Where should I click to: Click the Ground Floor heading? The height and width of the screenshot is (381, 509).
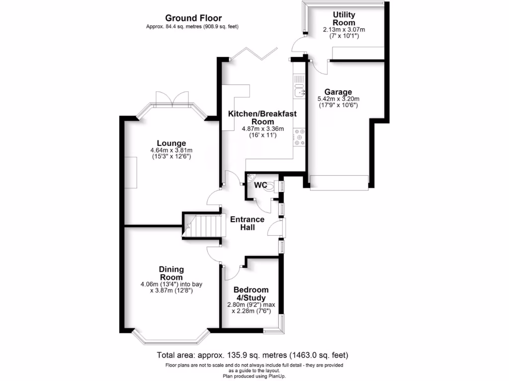point(193,18)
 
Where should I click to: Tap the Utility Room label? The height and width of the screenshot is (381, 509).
point(344,19)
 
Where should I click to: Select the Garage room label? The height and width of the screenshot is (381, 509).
point(338,92)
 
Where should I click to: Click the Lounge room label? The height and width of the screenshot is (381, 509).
point(171,143)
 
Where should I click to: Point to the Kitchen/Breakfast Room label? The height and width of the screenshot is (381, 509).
point(262,118)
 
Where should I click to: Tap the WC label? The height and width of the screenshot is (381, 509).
point(260,185)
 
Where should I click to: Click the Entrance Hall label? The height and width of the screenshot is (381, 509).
point(247,223)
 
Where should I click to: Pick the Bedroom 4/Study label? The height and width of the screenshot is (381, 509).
point(251,294)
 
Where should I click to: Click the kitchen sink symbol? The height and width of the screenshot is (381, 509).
point(299,91)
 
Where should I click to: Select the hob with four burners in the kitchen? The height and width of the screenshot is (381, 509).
point(299,137)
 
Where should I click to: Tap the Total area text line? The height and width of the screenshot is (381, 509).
point(253,355)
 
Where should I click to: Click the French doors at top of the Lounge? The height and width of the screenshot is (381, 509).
point(171,99)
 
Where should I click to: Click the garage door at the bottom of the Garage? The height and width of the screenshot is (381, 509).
point(339,182)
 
